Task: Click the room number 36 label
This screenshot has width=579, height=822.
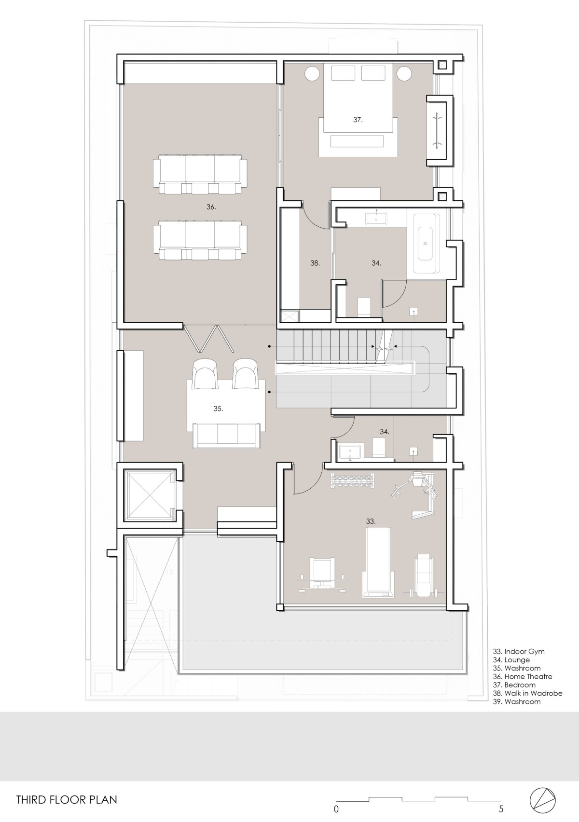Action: point(211,207)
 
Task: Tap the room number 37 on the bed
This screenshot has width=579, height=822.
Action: point(358,120)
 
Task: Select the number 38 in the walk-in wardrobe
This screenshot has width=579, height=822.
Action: point(315,263)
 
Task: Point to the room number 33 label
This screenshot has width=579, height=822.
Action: point(371,521)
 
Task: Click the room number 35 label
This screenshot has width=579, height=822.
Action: point(218,409)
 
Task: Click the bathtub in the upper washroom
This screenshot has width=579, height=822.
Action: point(426,243)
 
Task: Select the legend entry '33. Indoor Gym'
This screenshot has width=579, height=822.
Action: point(519,651)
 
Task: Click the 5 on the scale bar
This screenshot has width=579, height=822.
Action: point(501,809)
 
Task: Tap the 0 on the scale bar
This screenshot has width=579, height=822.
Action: point(336,809)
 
